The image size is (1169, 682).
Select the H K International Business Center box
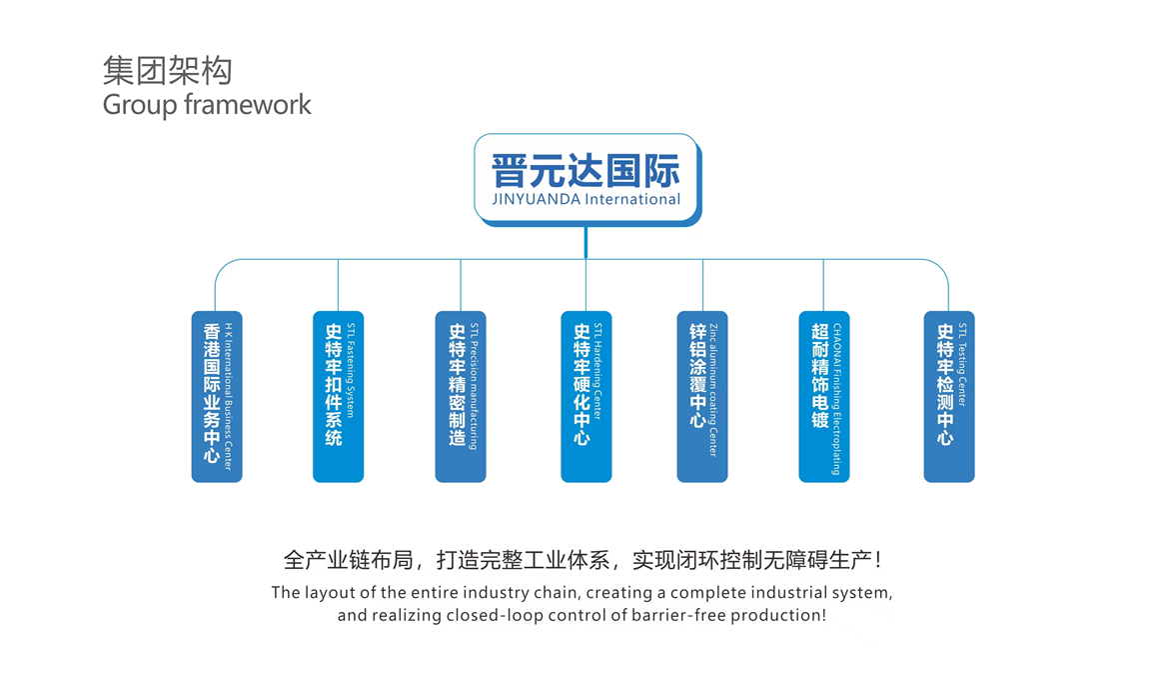click(217, 397)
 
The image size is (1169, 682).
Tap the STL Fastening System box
click(339, 397)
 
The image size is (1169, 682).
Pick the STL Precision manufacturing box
click(461, 397)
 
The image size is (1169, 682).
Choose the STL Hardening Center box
click(586, 397)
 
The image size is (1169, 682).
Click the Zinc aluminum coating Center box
click(702, 397)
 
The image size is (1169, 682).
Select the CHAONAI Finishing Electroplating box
click(824, 397)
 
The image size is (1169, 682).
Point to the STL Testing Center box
click(948, 397)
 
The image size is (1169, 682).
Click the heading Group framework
click(207, 104)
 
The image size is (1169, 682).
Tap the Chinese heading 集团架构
click(168, 71)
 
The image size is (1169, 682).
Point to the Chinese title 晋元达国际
click(585, 170)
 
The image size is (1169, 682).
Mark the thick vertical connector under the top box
click(585, 243)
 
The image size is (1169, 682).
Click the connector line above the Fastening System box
click(339, 285)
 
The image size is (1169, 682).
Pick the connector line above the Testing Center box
click(948, 290)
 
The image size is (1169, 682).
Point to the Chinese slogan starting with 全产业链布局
click(584, 559)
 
